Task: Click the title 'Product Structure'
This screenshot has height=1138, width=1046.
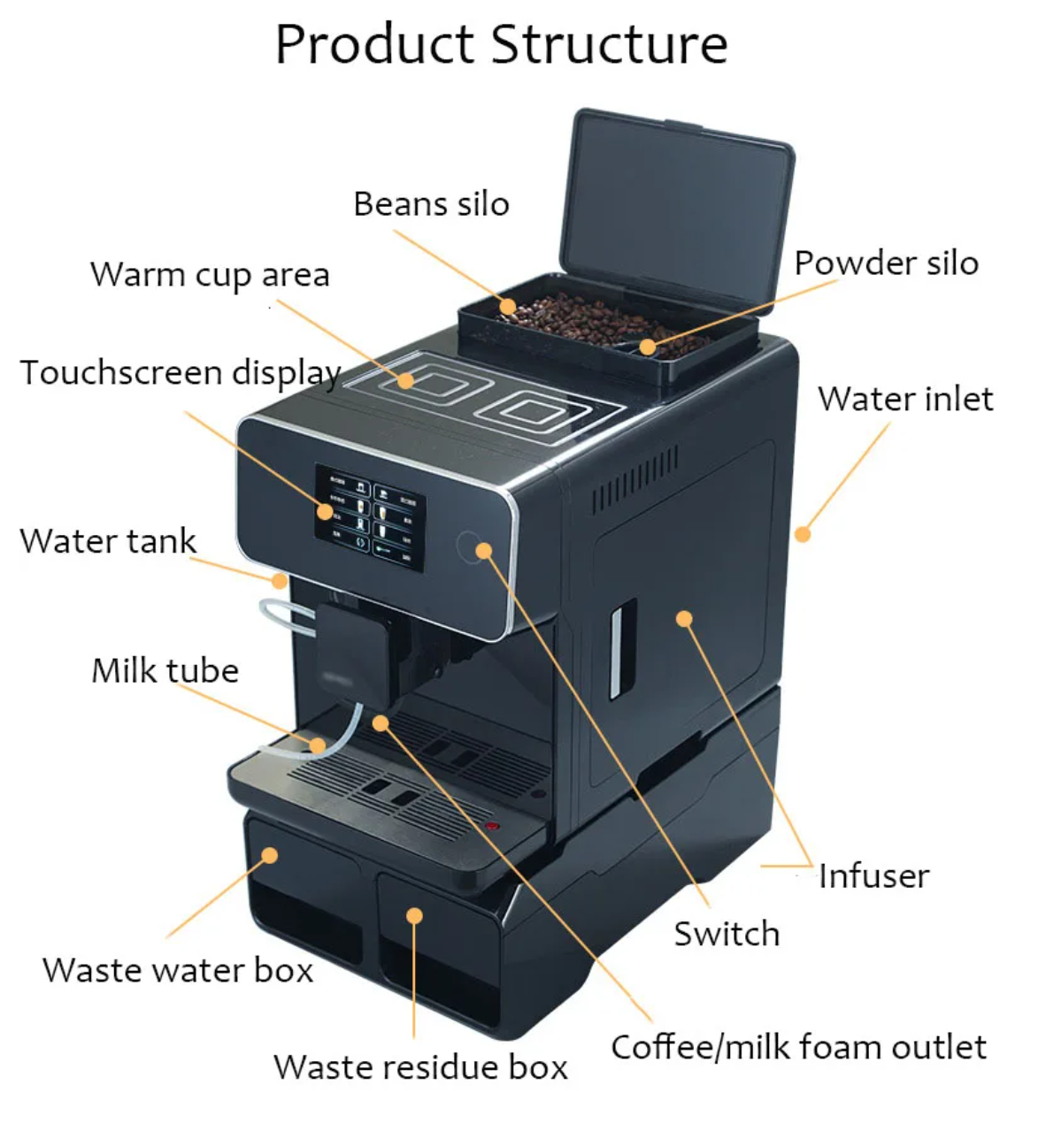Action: click(x=501, y=44)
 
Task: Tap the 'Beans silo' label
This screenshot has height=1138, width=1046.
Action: click(x=431, y=204)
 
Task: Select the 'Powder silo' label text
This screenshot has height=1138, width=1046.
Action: click(x=886, y=263)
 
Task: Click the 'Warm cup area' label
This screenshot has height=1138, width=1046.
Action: click(x=210, y=275)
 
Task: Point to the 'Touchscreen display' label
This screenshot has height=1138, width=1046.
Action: click(x=181, y=373)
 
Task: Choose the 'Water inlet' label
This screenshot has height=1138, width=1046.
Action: click(x=905, y=399)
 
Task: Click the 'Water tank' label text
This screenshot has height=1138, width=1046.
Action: click(x=108, y=541)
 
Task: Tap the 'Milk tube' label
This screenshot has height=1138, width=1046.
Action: click(x=165, y=670)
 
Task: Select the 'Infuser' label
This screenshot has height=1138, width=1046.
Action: click(x=873, y=876)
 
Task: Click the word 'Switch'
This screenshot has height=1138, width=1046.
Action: click(x=727, y=934)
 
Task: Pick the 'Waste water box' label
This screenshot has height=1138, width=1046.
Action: click(x=178, y=970)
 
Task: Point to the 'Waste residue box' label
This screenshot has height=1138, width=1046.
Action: click(x=420, y=1066)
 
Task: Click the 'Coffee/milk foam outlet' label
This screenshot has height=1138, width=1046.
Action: click(x=798, y=1047)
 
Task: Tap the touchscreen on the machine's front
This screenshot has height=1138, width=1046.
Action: click(x=370, y=518)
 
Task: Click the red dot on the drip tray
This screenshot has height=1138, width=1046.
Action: click(x=493, y=827)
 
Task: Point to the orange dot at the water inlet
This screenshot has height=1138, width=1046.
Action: click(x=803, y=534)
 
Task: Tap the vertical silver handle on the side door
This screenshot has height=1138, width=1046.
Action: click(x=623, y=646)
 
